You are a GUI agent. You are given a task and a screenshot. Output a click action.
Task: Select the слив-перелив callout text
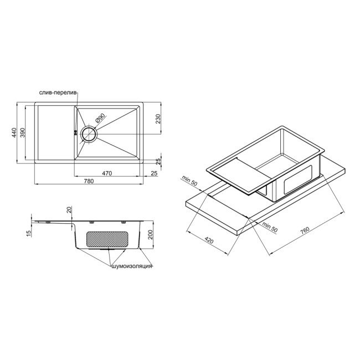coord(59,92)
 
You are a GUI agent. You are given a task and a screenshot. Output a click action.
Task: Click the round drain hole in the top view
coord(89,133)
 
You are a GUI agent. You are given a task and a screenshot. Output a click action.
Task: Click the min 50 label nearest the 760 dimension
coord(270,226)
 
